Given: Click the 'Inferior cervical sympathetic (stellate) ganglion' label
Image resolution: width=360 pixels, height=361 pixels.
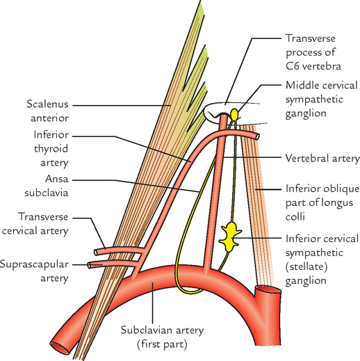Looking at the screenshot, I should click(322, 260).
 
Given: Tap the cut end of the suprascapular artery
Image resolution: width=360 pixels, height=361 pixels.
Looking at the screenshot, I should click(92, 264).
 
